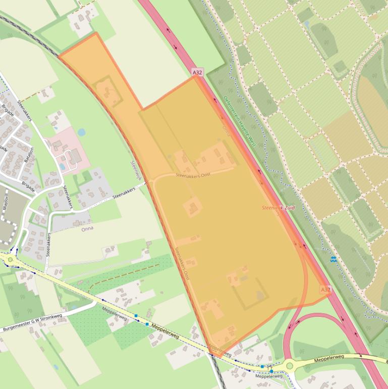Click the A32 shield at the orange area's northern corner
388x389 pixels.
pyautogui.click(x=197, y=73)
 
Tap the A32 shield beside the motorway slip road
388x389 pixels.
pyautogui.click(x=325, y=289)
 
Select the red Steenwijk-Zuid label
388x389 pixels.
pyautogui.click(x=278, y=208)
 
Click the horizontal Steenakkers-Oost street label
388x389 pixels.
pyautogui.click(x=193, y=175)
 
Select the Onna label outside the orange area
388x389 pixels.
pyautogui.click(x=87, y=229)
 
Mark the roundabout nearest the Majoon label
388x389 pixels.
pyautogui.click(x=10, y=259)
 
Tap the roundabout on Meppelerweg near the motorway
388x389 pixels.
pyautogui.click(x=289, y=365)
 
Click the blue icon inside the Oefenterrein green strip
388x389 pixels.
pyautogui.click(x=332, y=259)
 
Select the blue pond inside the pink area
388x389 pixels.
pyautogui.click(x=62, y=166)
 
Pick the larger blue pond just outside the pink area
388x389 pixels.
pyautogui.click(x=81, y=132)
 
